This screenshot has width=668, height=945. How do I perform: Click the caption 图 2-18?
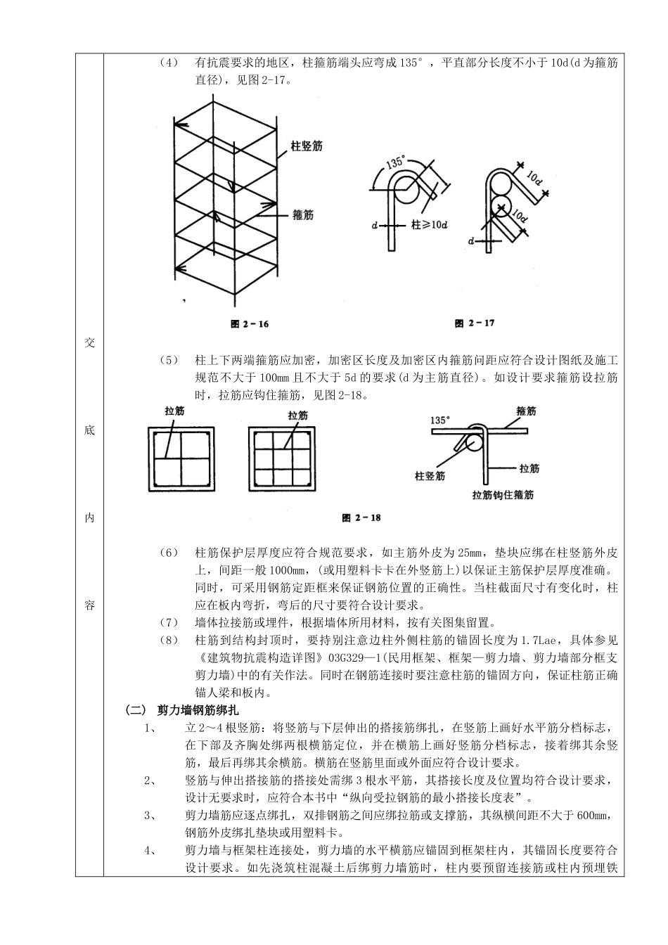(361, 518)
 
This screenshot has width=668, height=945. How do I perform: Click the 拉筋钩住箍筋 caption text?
(503, 495)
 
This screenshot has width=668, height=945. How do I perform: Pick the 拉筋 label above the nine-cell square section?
(298, 416)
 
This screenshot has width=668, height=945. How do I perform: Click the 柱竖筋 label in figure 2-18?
(430, 476)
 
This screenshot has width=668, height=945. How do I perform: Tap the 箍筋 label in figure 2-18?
(526, 411)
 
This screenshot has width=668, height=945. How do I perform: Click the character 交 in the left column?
(89, 342)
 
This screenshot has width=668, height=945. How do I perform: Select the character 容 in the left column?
(89, 605)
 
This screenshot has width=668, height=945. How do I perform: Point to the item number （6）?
(169, 553)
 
